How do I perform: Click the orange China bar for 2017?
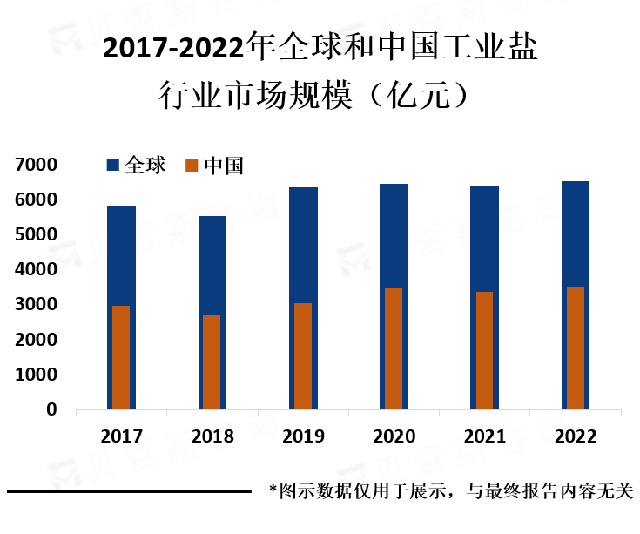pyautogui.click(x=121, y=357)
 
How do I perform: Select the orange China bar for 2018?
pyautogui.click(x=212, y=362)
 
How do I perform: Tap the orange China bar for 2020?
pyautogui.click(x=394, y=348)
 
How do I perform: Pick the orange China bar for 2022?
pyautogui.click(x=576, y=348)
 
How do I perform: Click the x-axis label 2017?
pyautogui.click(x=121, y=436)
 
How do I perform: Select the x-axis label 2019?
pyautogui.click(x=303, y=436)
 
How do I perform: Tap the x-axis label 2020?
pyautogui.click(x=394, y=436)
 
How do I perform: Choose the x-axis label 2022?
pyautogui.click(x=576, y=436)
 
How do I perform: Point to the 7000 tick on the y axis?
pyautogui.click(x=35, y=165)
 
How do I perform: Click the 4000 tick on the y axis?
pyautogui.click(x=35, y=270)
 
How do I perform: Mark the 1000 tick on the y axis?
pyautogui.click(x=35, y=375)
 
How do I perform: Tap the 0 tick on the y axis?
pyautogui.click(x=51, y=409)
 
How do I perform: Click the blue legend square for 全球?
pyautogui.click(x=112, y=165)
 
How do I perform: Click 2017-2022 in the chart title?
pyautogui.click(x=173, y=50)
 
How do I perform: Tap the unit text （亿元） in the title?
pyautogui.click(x=419, y=93)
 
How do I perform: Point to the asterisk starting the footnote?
pyautogui.click(x=273, y=491)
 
